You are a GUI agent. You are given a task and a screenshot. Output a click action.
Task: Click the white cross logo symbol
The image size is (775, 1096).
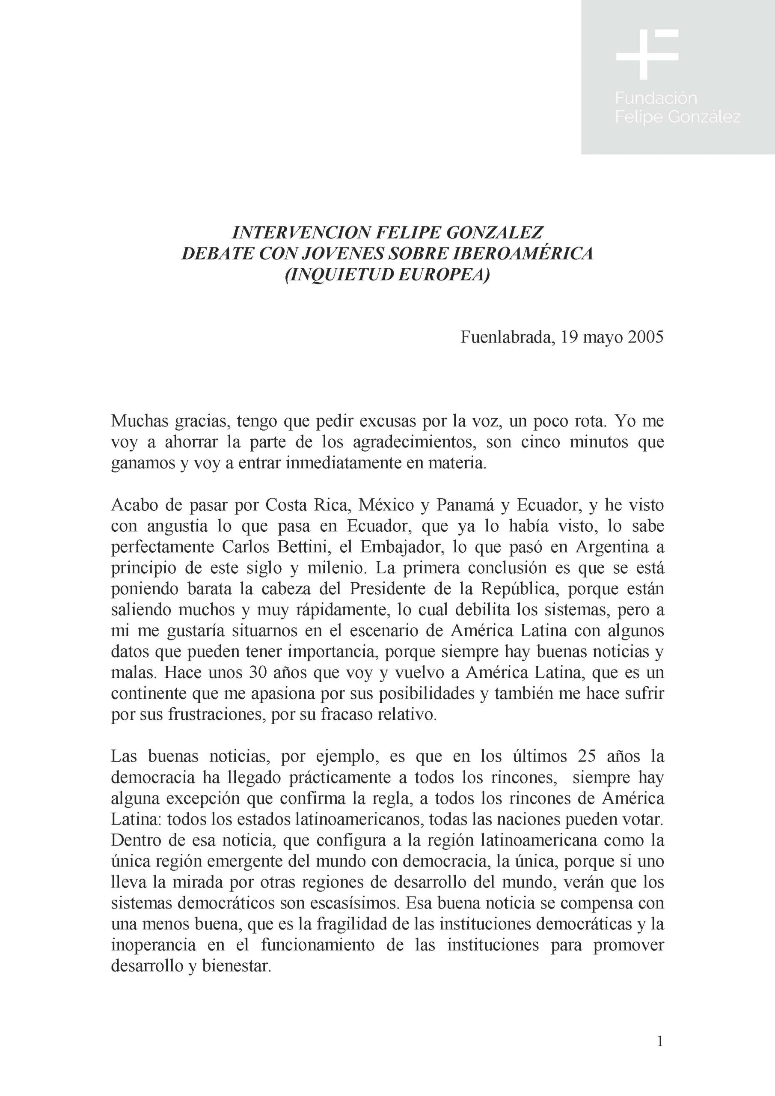point(646,54)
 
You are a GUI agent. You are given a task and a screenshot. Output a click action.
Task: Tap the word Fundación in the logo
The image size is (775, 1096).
point(656,98)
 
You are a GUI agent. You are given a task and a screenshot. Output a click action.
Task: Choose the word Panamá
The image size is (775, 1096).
point(457,505)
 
